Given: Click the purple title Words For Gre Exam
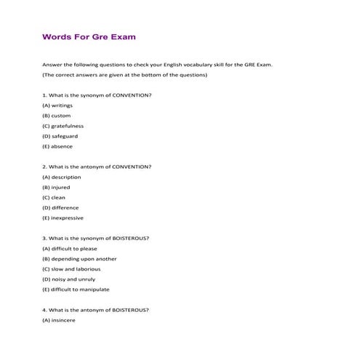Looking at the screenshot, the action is [x=89, y=36].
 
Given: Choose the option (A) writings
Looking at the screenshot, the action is [x=57, y=105].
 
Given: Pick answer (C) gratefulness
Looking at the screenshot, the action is [x=64, y=126].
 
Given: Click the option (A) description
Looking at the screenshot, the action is [x=62, y=177].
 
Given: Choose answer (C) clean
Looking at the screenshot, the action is [x=54, y=197].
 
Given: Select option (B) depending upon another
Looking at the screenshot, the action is [x=79, y=258].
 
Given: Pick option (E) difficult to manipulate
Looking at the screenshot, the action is [x=76, y=289].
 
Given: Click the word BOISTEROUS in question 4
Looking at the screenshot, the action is [x=129, y=309].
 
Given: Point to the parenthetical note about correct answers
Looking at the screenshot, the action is [x=125, y=75].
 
